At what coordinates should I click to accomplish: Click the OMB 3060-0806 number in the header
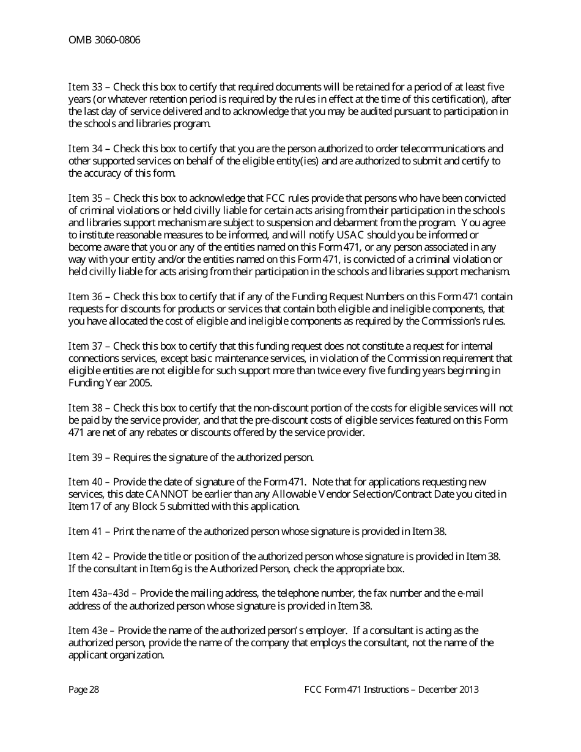(x=104, y=40)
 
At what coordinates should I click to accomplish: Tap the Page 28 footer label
(x=84, y=690)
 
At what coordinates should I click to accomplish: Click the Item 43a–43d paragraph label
(x=98, y=593)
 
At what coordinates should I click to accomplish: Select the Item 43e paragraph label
(x=87, y=630)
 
